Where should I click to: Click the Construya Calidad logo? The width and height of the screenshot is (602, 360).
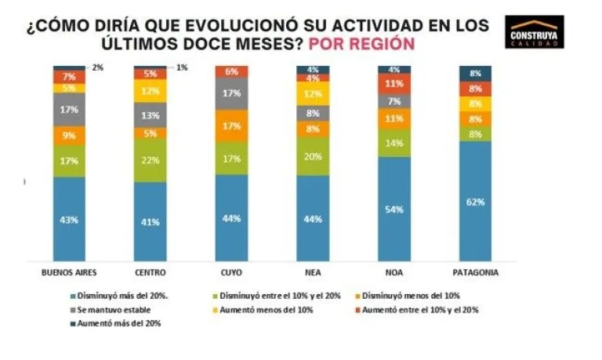(535, 31)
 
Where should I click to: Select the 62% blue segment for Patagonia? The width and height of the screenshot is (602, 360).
(475, 201)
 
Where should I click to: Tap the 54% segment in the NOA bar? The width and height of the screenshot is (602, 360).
(394, 209)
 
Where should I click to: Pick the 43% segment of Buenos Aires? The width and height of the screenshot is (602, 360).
(69, 219)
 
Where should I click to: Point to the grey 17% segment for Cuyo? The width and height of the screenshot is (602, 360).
(231, 93)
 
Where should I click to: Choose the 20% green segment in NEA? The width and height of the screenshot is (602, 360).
(313, 156)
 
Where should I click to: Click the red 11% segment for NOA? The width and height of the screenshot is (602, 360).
(394, 84)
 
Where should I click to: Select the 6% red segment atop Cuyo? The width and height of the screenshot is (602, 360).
(231, 71)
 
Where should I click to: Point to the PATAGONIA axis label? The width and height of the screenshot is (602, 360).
(475, 272)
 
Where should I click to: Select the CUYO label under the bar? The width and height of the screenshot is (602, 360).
(231, 272)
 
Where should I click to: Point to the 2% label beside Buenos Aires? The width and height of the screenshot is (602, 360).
(97, 68)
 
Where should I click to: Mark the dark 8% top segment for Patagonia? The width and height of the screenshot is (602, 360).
(475, 73)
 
